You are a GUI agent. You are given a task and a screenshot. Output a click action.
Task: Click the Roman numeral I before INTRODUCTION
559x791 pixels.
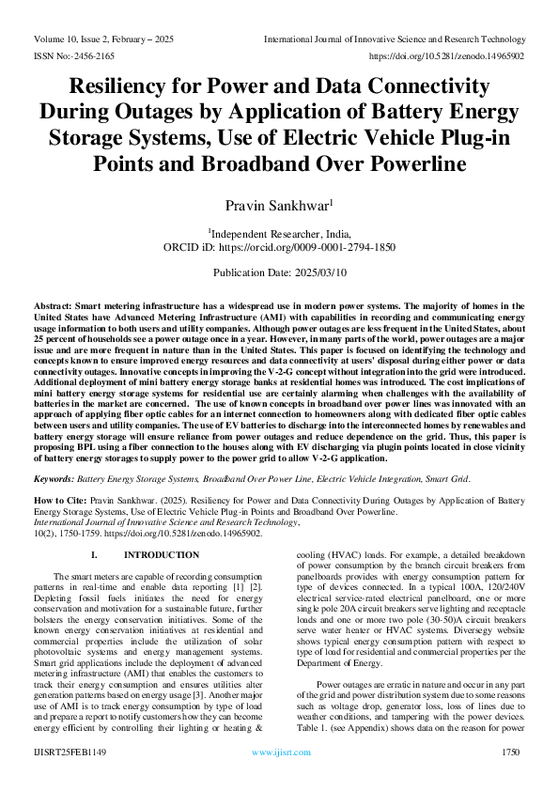pyautogui.click(x=93, y=555)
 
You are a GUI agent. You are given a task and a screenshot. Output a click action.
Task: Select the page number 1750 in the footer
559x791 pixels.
pyautogui.click(x=510, y=752)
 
